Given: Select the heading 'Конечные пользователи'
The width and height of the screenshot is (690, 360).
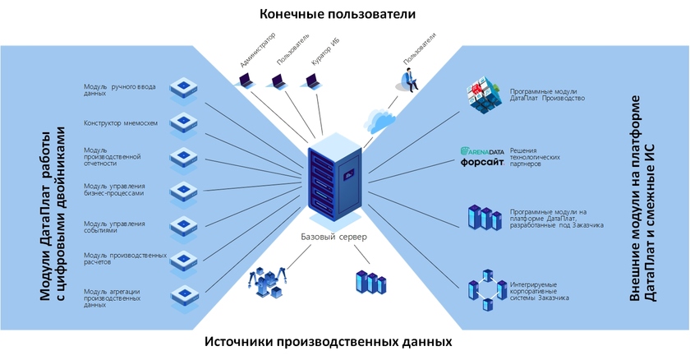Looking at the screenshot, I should [337, 14].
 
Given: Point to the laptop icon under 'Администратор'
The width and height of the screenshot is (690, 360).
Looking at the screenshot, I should [245, 80].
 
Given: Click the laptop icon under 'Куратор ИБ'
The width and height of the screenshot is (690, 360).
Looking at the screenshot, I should [311, 80].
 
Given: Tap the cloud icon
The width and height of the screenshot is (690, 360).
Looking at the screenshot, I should [380, 121].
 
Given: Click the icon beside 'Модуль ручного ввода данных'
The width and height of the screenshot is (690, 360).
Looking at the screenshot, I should [182, 88].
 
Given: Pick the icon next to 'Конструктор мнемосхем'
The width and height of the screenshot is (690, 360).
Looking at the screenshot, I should [182, 123].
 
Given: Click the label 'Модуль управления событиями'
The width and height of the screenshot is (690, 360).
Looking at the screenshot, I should [114, 227].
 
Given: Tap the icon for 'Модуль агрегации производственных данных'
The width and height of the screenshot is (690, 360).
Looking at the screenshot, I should [182, 295].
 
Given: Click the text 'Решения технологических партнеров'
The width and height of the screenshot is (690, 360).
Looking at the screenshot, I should [535, 157].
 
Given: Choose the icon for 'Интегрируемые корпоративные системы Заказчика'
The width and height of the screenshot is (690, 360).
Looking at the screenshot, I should [485, 290].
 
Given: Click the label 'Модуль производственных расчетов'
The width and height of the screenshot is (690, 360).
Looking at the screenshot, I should [125, 259].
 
